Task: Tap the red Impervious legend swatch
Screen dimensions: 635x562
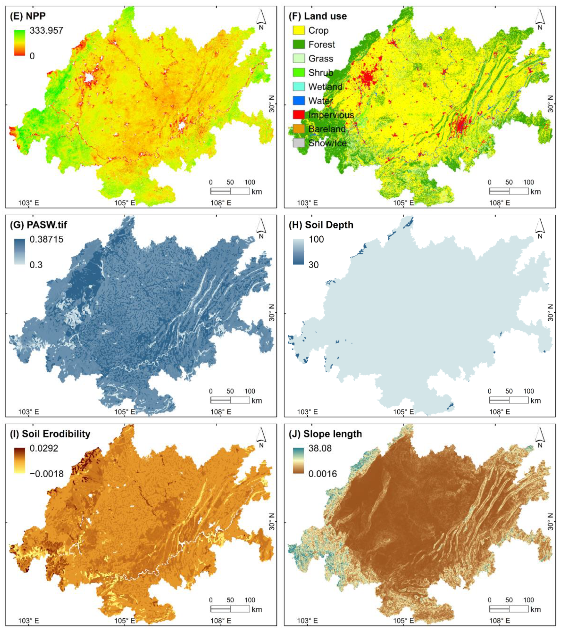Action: tap(298, 115)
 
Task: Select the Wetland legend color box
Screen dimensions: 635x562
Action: tap(298, 87)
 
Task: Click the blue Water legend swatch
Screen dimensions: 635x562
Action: tap(298, 101)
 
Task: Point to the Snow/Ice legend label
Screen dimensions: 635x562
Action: tap(327, 143)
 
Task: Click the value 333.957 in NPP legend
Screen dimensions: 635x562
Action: tap(46, 30)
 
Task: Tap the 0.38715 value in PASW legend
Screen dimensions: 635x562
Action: tap(46, 239)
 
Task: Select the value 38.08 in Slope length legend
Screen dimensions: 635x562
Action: tap(320, 448)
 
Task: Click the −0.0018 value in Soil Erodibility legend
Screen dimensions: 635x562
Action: tap(47, 474)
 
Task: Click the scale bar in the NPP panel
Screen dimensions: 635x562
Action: tap(230, 191)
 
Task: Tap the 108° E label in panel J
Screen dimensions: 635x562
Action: tap(500, 621)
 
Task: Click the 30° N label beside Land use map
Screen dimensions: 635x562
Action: tap(550, 104)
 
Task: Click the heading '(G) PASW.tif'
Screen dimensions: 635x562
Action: tap(38, 225)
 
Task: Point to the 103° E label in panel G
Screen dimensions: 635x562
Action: tap(29, 412)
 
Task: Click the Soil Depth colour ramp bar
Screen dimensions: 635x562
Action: tap(298, 252)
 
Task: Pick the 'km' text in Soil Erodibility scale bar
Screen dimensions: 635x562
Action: tap(257, 609)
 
